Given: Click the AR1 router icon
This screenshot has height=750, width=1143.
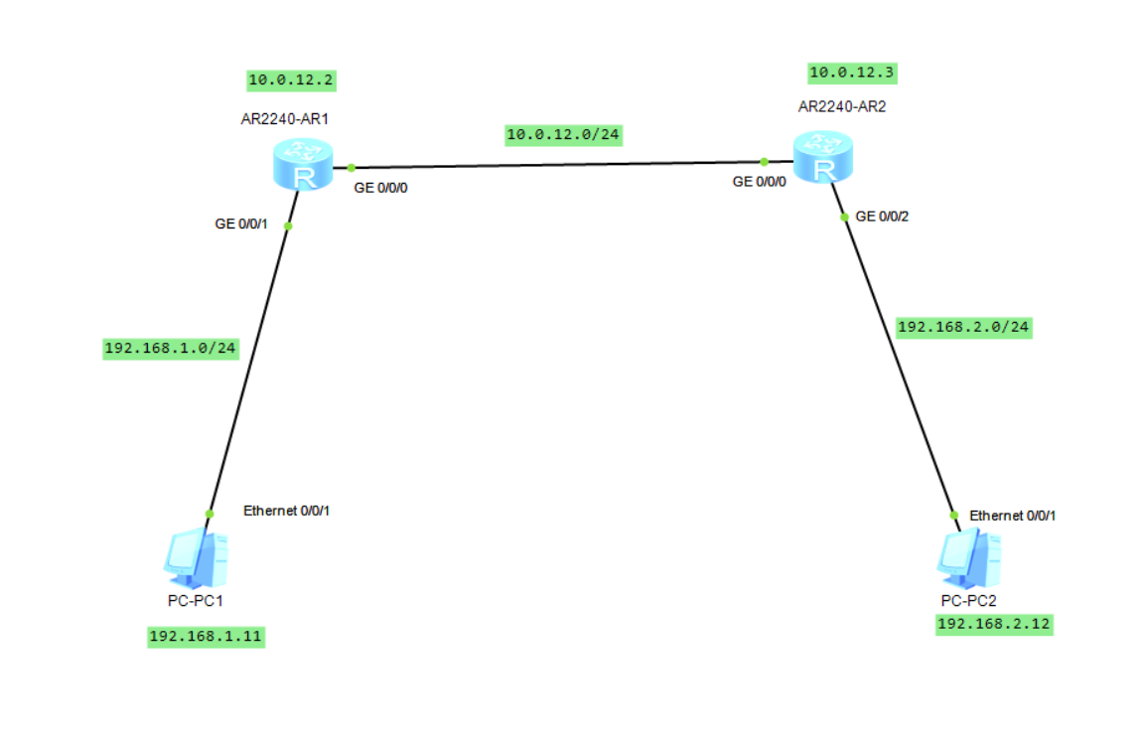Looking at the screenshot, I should (303, 164).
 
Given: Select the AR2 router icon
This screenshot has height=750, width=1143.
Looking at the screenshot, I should (823, 157).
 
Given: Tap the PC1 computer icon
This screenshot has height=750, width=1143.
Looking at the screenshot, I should (197, 559).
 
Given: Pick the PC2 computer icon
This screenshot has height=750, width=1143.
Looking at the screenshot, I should (968, 559).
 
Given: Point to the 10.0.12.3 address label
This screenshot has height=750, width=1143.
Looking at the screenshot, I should (853, 73).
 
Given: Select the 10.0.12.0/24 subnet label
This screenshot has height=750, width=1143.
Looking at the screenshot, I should (564, 134).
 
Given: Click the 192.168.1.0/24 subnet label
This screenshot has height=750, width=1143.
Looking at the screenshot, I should (171, 348).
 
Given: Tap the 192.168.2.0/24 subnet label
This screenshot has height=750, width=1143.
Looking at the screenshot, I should (963, 327).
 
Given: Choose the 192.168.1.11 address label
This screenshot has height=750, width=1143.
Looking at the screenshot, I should (207, 637).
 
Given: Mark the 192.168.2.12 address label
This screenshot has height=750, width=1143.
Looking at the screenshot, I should (993, 624).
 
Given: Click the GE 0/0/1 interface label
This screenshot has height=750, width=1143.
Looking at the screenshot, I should (240, 225).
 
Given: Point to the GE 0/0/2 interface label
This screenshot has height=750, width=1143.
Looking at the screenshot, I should (882, 216).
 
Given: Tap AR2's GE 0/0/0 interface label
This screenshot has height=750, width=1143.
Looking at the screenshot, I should (759, 182).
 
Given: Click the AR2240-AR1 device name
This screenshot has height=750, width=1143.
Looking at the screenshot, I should (285, 118).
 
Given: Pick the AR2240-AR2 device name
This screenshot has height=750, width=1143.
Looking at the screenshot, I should (842, 107).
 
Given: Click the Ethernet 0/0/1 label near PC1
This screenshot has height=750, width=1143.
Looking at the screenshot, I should (286, 511).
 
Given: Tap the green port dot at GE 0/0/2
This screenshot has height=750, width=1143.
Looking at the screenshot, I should (844, 217).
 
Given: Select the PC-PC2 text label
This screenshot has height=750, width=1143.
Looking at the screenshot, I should (968, 601).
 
